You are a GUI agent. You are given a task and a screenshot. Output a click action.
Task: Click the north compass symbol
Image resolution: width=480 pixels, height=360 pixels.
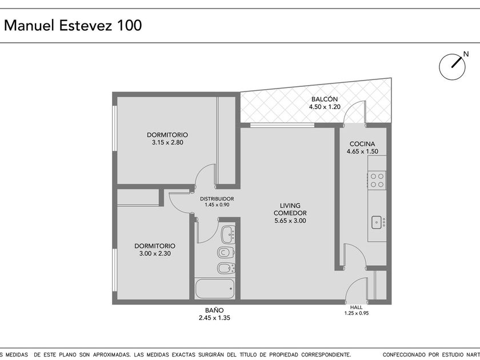tap(453, 66)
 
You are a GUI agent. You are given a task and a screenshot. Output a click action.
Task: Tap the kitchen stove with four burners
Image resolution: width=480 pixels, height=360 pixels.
tap(377, 181)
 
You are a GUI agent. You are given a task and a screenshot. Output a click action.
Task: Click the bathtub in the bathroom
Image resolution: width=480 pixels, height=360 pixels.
tap(215, 289)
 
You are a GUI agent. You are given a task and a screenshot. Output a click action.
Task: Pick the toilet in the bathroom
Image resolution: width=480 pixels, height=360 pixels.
tap(226, 253)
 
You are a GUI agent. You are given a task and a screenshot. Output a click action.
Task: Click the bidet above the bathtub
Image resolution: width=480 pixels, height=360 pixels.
tap(226, 269)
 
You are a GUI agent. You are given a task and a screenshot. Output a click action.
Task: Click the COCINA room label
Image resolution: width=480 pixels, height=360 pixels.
tap(362, 144)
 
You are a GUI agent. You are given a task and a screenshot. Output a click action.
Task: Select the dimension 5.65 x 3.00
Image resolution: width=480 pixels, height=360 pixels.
tap(290, 221)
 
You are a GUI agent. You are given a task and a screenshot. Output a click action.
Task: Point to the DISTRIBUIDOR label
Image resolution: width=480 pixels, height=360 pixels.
tap(217, 199)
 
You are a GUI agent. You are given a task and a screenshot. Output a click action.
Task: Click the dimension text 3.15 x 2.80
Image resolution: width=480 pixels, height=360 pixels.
tap(167, 142)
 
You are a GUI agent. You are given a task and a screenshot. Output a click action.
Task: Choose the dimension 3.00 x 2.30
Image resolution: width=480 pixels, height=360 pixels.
tap(155, 254)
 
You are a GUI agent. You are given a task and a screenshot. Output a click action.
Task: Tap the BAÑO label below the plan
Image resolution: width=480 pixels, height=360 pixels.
tap(214, 310)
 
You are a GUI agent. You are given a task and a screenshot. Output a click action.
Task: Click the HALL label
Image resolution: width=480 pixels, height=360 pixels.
tap(357, 307)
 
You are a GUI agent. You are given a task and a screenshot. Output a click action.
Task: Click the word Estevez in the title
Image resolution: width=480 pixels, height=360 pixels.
tap(85, 25)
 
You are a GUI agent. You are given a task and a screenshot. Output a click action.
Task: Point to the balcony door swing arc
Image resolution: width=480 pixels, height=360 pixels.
tap(352, 108)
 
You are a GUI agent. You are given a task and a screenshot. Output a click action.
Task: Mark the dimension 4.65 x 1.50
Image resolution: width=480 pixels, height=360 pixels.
tap(362, 151)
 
